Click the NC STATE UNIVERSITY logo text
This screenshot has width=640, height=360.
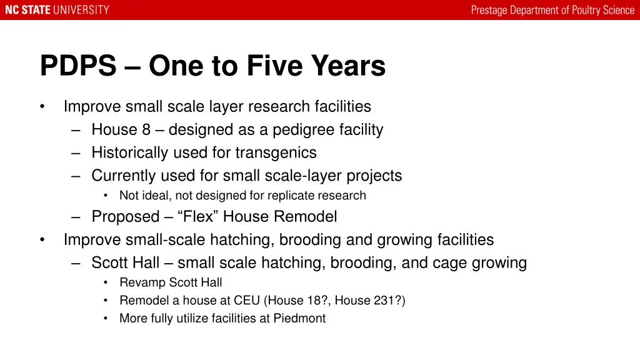[57, 10]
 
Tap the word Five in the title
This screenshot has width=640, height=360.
[273, 66]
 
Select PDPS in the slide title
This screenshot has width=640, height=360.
[78, 66]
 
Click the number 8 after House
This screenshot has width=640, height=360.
[146, 130]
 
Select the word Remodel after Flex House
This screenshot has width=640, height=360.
[306, 217]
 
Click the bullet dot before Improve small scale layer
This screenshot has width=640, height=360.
[42, 107]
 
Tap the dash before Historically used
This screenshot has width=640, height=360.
[76, 153]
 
